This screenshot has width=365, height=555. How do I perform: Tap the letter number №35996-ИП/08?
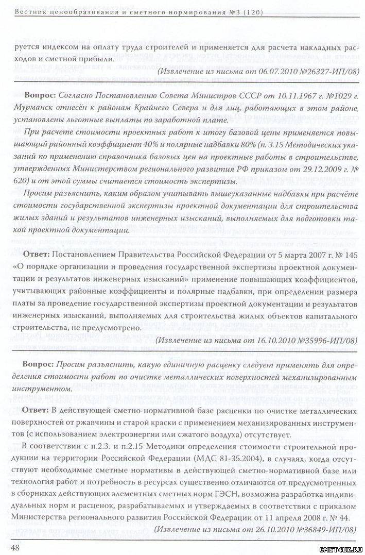322,341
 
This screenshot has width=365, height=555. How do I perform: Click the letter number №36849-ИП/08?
322,529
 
